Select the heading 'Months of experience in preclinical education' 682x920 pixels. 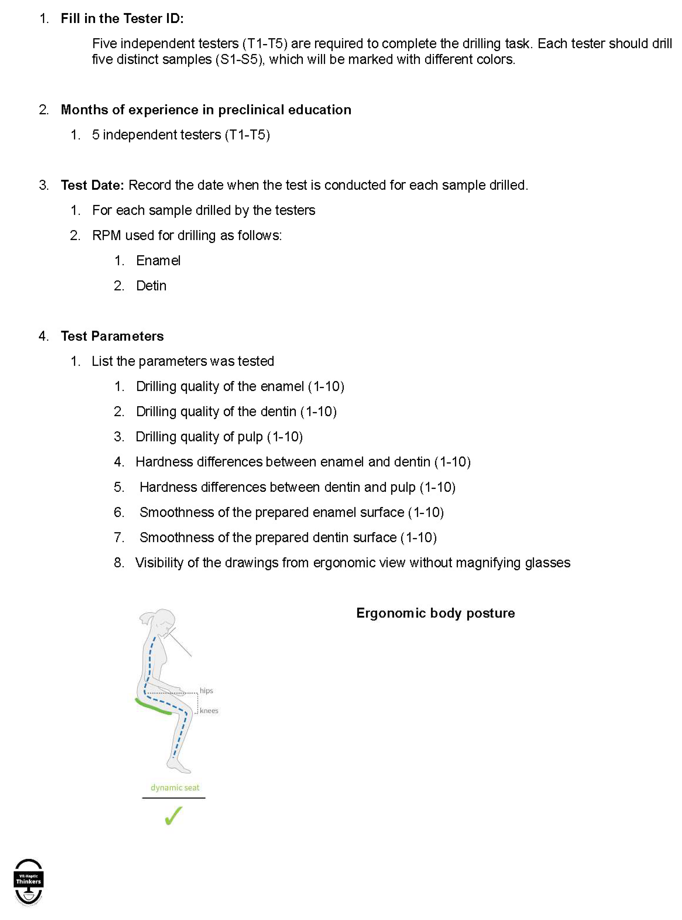(x=206, y=110)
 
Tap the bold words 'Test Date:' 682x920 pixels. (x=93, y=185)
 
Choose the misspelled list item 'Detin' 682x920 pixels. (x=151, y=286)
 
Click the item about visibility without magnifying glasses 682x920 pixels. (x=353, y=562)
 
